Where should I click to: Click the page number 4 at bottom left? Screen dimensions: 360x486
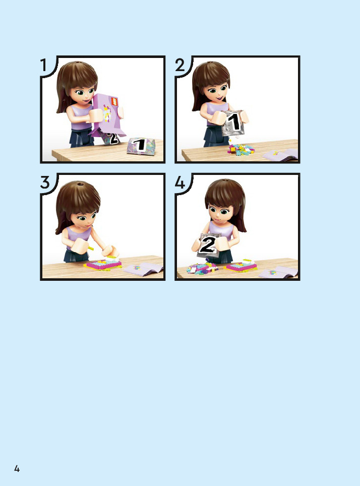coord(17,468)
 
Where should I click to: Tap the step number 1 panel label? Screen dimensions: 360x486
coord(43,65)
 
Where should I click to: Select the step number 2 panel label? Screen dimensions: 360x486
coord(180,65)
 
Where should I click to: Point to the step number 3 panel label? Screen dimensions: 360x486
coord(45,183)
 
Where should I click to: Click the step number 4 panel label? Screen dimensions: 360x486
coord(180,183)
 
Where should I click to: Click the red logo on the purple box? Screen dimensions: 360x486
coord(115,102)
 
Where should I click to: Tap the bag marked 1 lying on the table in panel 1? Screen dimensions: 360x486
coord(141,146)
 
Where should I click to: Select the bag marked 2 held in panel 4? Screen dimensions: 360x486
coord(209,245)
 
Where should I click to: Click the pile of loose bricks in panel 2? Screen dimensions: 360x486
coord(241,150)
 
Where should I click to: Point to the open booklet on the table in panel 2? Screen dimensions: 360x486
coord(281,154)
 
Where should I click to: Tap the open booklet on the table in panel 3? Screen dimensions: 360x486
coord(143,269)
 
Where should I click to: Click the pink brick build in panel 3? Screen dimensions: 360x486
coord(103,264)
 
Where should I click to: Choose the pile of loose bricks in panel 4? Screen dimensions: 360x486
coord(202,268)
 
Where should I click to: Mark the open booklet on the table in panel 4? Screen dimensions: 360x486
coord(278,272)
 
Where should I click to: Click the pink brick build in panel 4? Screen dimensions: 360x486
coord(241,265)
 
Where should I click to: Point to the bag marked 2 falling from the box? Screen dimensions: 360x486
coord(109,138)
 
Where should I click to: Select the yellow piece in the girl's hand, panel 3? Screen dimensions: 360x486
coord(90,248)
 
